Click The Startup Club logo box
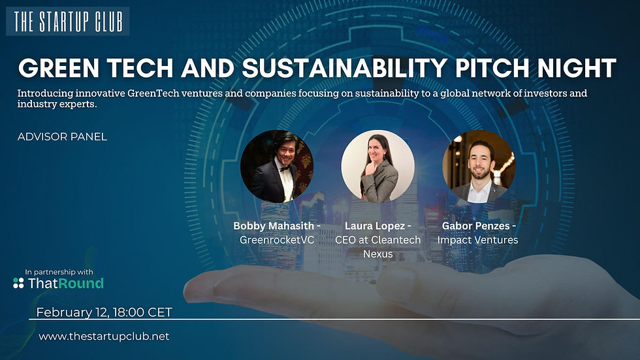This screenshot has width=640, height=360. (x=67, y=21)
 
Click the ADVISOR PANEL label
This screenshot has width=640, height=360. (x=63, y=137)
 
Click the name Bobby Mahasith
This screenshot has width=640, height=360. (x=271, y=226)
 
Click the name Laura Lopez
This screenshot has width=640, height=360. (x=374, y=226)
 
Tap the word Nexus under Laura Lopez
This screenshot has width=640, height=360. (x=377, y=254)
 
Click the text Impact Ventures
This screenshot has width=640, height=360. (x=477, y=240)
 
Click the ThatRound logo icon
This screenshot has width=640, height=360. (x=19, y=283)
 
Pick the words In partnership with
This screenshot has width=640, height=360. (x=59, y=272)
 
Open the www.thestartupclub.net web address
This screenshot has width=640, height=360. (x=104, y=336)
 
